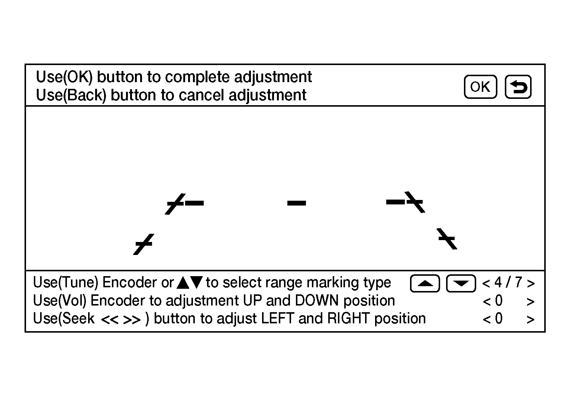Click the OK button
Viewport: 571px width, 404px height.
(480, 87)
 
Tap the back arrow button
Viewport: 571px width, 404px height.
(518, 87)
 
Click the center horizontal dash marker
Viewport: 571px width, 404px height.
(296, 203)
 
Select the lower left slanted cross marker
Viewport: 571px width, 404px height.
(144, 244)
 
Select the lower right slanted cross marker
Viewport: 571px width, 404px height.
(447, 239)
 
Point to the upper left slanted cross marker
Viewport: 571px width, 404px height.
(175, 204)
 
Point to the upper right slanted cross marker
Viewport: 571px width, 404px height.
(415, 202)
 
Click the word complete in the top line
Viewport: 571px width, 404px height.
(197, 77)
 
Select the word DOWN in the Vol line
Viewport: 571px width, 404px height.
(316, 301)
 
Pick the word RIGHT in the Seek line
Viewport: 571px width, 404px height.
(348, 319)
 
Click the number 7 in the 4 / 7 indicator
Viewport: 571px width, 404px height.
(519, 282)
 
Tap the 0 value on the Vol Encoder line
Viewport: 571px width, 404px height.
(499, 301)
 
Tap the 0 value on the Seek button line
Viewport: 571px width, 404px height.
(499, 319)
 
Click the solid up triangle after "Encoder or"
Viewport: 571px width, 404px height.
(183, 282)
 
